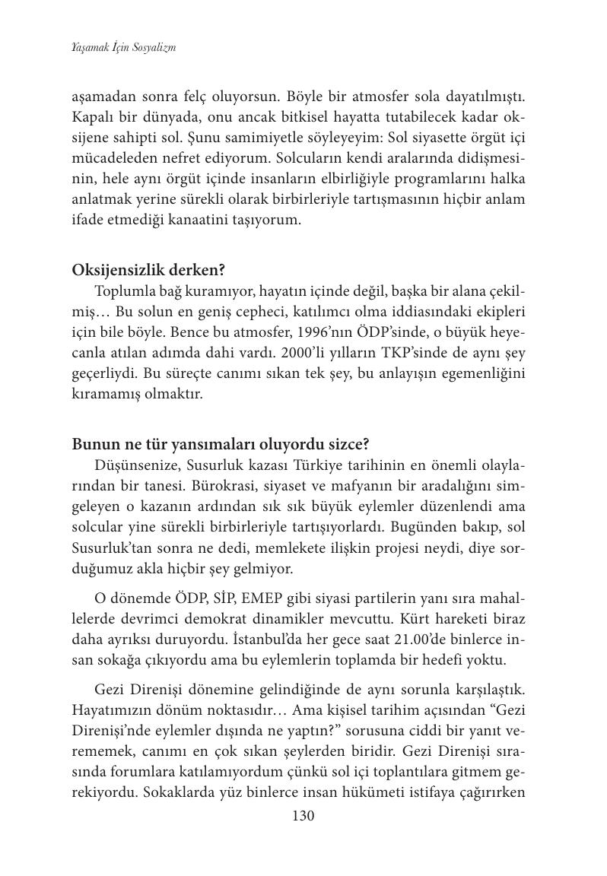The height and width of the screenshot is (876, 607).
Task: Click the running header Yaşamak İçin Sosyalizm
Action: (124, 47)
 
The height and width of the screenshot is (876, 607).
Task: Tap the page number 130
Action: (303, 816)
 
